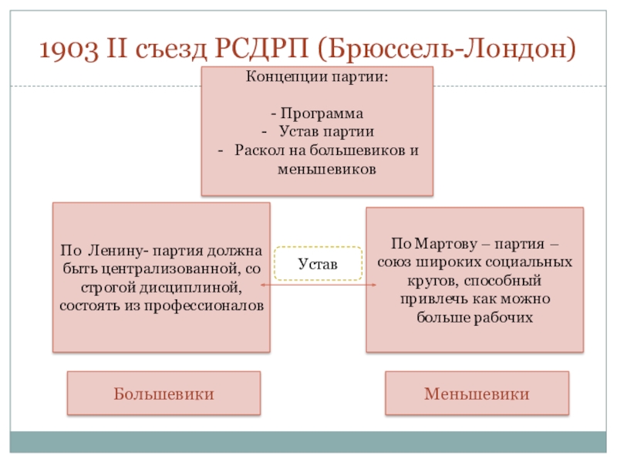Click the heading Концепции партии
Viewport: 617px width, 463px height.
pos(317,77)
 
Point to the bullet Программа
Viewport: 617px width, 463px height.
pos(322,113)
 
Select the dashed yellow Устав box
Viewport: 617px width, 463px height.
pos(318,263)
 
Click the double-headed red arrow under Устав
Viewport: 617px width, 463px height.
pos(318,286)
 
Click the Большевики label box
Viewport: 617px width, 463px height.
pos(164,394)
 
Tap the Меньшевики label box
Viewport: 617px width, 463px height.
pos(477,394)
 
